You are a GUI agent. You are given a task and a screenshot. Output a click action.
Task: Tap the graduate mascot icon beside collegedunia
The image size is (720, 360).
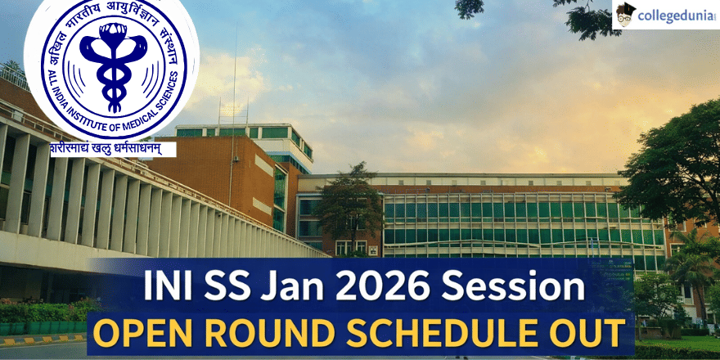[x=626, y=15]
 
